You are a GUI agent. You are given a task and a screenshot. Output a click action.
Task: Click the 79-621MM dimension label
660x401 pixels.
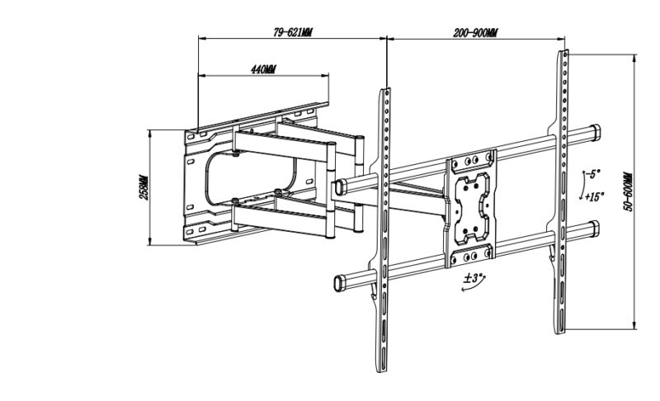click(x=293, y=32)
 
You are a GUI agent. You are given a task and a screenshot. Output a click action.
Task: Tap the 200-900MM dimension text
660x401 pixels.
click(x=475, y=33)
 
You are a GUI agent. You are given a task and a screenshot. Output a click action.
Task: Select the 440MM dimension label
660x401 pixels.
click(x=263, y=69)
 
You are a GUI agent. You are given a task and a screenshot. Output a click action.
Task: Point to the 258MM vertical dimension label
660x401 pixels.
click(x=144, y=187)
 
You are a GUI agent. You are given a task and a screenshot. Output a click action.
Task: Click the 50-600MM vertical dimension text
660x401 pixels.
click(x=629, y=191)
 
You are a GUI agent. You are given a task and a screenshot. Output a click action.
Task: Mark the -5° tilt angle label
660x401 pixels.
click(x=593, y=173)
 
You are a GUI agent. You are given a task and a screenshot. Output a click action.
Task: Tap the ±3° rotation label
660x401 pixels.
click(x=473, y=278)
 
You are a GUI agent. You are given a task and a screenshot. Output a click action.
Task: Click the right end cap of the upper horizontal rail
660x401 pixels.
click(x=596, y=132)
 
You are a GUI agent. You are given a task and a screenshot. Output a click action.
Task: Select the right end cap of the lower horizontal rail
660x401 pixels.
click(x=594, y=229)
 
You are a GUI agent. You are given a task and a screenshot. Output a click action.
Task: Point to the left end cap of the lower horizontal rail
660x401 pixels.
click(x=339, y=283)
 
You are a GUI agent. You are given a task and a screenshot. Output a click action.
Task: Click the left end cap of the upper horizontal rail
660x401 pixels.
click(x=340, y=187)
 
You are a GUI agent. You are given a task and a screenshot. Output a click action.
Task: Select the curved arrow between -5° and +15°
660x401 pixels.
click(x=584, y=185)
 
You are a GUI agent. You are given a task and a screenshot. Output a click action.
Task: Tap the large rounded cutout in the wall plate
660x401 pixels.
click(x=251, y=178)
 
